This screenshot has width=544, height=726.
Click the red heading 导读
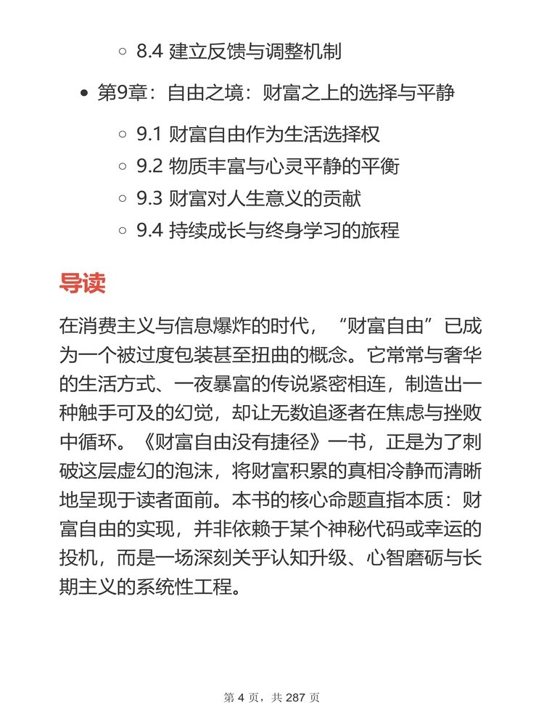pos(82,282)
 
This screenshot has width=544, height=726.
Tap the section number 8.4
pos(150,52)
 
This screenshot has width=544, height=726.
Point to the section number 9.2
pos(150,166)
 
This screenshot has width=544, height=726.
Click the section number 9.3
pos(150,198)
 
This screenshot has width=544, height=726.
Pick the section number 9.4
pos(150,230)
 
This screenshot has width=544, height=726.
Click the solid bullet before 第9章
pos(85,94)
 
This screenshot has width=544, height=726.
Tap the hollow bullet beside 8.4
pos(123,53)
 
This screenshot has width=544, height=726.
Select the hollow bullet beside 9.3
pos(123,199)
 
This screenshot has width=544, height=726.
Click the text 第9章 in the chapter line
pos(123,93)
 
